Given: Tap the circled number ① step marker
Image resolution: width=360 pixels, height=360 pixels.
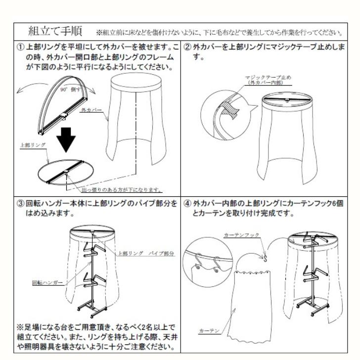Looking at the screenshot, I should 19,48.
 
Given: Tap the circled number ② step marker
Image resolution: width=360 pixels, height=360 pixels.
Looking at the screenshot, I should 187,48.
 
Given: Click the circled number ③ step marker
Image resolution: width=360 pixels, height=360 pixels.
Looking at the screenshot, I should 19,204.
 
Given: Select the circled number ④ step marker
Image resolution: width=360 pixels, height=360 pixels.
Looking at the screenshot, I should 187,204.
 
